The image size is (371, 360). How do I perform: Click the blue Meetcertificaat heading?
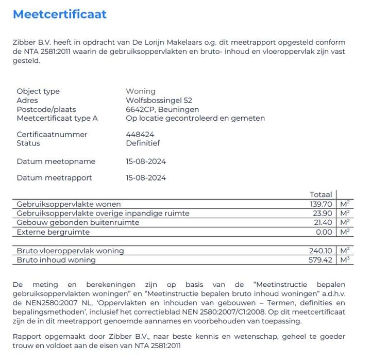[x=60, y=14]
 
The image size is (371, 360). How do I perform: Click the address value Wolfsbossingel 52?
[x=159, y=101]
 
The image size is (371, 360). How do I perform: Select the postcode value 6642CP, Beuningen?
[x=162, y=109]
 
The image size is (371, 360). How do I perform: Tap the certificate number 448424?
[x=140, y=135]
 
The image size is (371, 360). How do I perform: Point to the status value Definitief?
[x=143, y=143]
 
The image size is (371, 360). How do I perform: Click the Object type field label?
[x=38, y=91]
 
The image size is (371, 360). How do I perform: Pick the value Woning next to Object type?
[x=141, y=91]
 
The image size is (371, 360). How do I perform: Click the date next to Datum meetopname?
[x=146, y=161]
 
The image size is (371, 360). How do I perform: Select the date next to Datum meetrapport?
[x=146, y=178]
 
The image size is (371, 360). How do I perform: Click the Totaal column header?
[x=321, y=194]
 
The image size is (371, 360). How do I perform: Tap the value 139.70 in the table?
[x=321, y=204]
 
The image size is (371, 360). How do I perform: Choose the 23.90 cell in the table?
[x=324, y=213]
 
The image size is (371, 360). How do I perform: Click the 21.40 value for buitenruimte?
[x=324, y=222]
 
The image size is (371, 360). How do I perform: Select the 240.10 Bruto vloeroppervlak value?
[x=321, y=251]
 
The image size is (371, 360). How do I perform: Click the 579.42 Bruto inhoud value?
[x=321, y=260]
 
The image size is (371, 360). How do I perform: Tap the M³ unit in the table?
[x=345, y=260]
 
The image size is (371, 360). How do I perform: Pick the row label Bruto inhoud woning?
[x=56, y=260]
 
